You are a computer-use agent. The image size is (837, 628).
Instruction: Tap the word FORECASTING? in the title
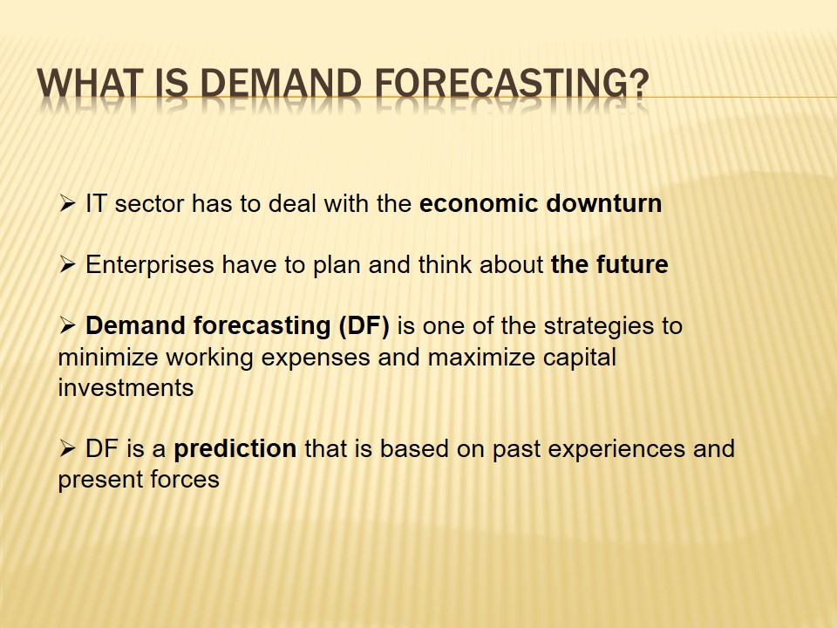point(512,84)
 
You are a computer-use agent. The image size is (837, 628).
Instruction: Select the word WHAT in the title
point(90,84)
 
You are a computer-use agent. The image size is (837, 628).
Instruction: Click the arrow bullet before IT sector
point(67,203)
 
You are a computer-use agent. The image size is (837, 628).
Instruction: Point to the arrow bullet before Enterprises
point(67,264)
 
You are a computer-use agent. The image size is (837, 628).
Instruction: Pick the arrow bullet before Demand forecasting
point(67,325)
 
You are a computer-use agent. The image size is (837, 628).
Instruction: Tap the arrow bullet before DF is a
point(67,448)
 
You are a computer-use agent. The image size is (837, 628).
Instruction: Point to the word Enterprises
point(149,265)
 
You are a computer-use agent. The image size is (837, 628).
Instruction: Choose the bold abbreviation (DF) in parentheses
point(364,326)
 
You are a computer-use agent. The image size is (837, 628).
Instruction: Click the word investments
point(126,387)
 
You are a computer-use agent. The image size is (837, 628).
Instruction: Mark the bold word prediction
point(235,449)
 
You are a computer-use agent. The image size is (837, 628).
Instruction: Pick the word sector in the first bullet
point(149,204)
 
